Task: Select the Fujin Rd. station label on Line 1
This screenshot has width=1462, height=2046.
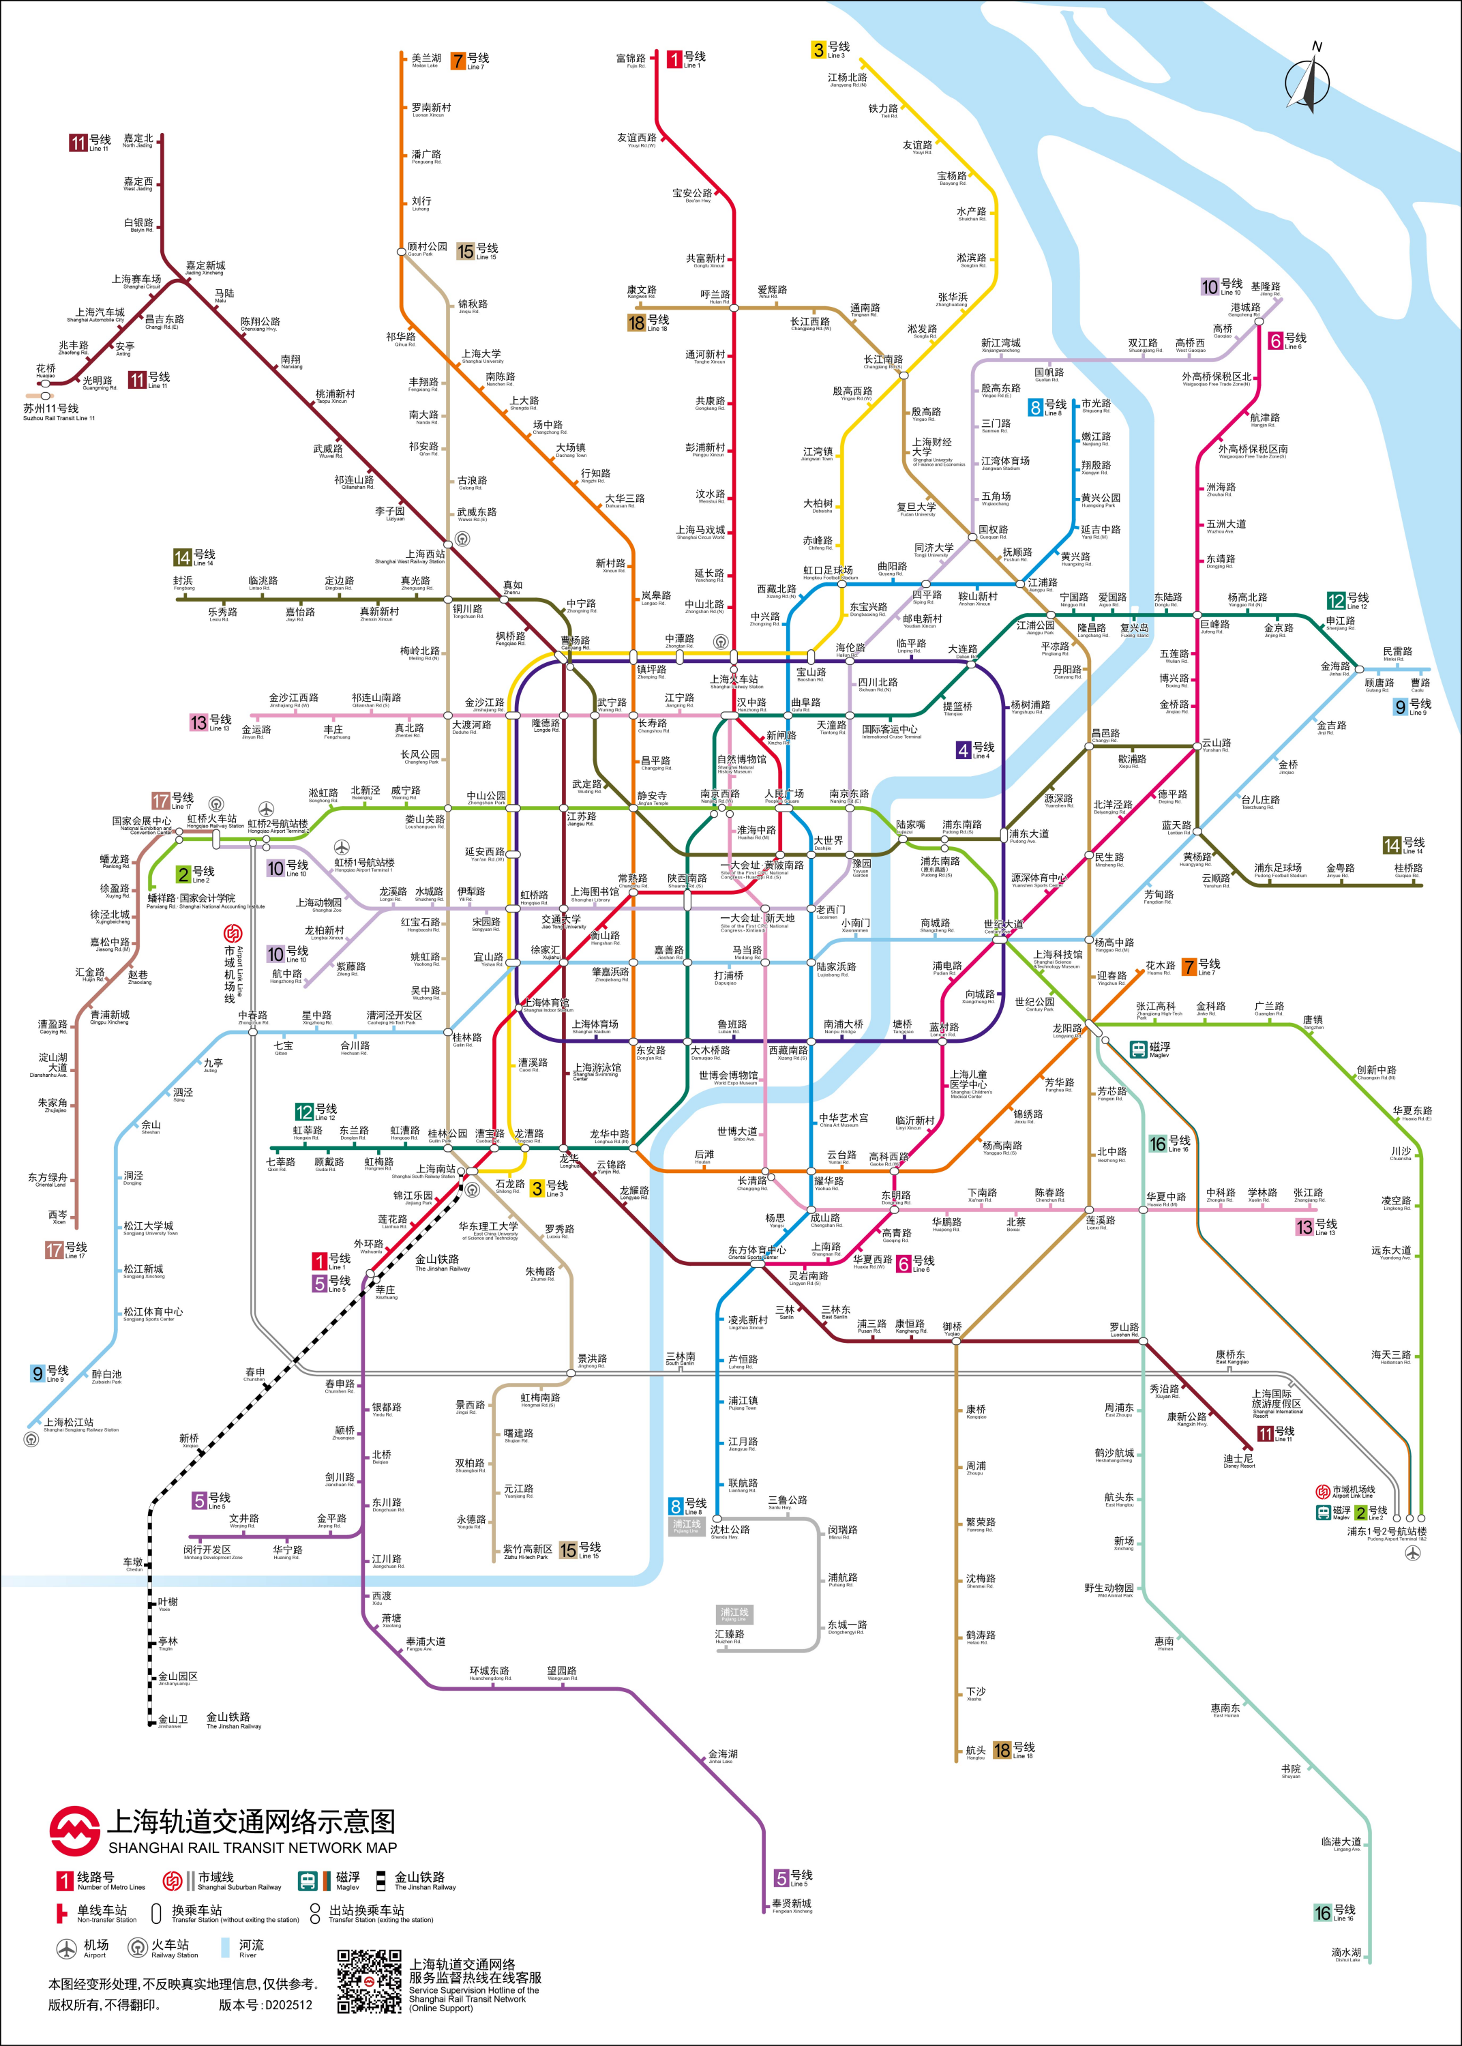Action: point(631,60)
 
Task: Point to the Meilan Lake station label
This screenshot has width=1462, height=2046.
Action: point(426,60)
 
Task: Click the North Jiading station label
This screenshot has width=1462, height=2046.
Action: point(138,140)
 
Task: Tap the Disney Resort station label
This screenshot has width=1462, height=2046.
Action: point(1239,1460)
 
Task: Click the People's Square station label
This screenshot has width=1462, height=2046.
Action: point(784,796)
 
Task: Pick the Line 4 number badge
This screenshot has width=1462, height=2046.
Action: point(964,749)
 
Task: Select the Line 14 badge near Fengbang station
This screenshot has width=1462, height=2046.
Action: point(183,557)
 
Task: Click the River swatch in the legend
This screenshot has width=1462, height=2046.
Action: point(225,1948)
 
